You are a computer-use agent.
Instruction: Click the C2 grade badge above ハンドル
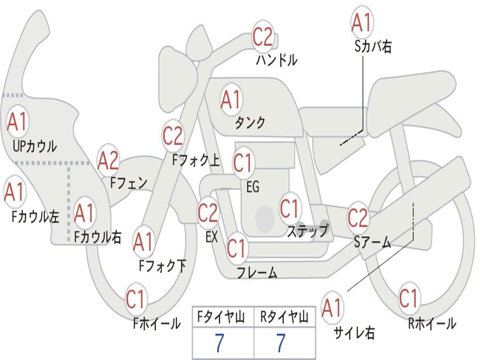tap(263, 36)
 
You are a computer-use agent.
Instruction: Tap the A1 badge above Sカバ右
tap(362, 22)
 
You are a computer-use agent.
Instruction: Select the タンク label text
tap(250, 122)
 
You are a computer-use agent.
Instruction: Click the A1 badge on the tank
tap(231, 99)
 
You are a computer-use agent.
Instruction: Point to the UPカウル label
tap(35, 146)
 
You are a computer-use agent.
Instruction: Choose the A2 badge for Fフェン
tap(108, 160)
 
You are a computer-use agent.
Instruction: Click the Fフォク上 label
tap(196, 161)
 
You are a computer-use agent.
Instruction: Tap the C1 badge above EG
tap(243, 163)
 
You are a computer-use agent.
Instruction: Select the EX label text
tap(211, 237)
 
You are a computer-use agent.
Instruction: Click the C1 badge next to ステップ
tap(289, 209)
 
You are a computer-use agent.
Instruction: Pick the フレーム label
tap(257, 272)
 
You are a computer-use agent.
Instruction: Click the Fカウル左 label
tap(36, 217)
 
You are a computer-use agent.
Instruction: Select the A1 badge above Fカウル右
tap(85, 213)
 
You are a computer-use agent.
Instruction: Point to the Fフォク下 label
tap(163, 266)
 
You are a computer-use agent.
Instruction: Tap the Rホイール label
tap(432, 323)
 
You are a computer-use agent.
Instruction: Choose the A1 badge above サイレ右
tap(332, 307)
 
